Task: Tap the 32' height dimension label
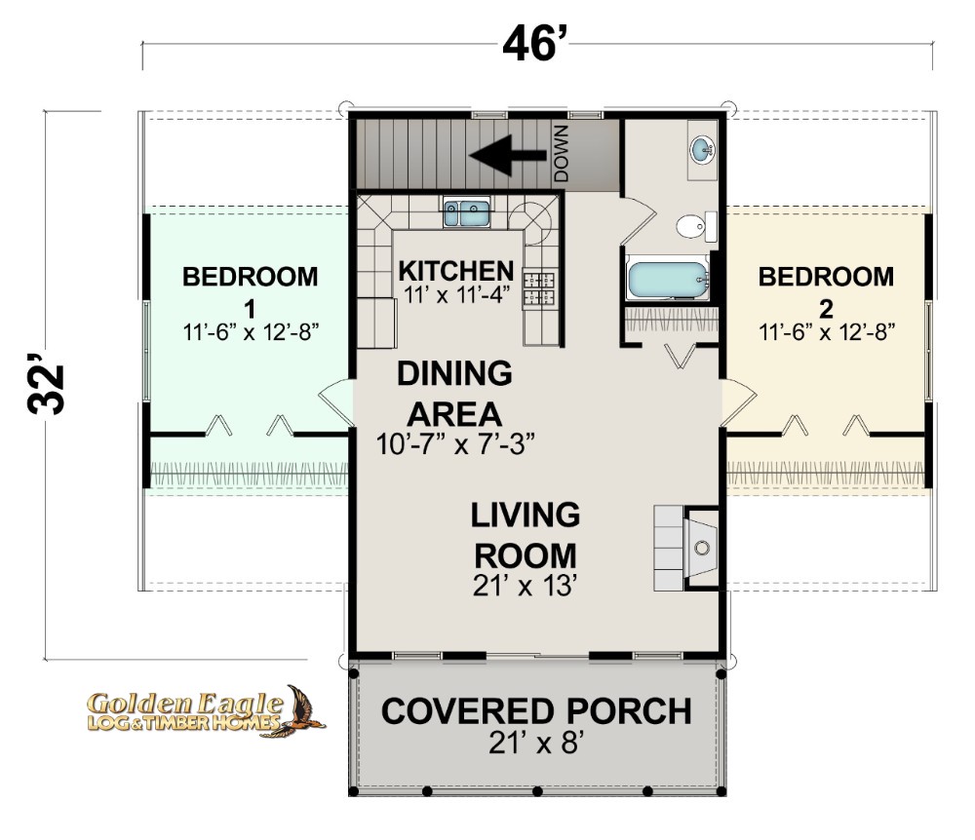click(46, 384)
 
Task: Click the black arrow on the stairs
click(508, 154)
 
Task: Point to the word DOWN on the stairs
click(561, 153)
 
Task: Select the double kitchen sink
click(466, 212)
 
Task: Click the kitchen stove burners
click(539, 287)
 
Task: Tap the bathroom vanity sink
click(702, 149)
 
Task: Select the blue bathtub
click(668, 281)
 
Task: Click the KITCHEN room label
click(455, 271)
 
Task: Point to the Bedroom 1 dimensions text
click(251, 332)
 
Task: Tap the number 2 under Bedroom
click(826, 309)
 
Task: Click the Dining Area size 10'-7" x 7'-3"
click(455, 444)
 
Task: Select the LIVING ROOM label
click(526, 535)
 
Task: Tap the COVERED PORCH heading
click(536, 711)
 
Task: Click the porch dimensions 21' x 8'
click(535, 743)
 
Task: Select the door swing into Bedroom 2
click(739, 402)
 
